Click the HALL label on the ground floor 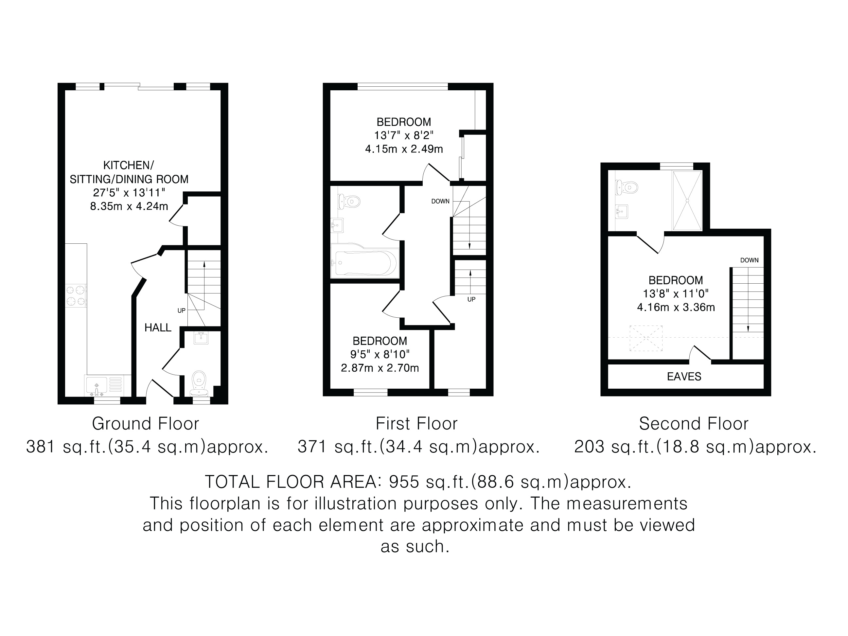point(158,328)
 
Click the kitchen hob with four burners point(76,295)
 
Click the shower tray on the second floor point(687,201)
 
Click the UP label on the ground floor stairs point(181,310)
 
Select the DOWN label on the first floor point(440,201)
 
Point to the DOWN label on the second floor point(749,260)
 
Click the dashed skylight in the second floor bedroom point(646,338)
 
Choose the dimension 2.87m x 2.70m point(380,368)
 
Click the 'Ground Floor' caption point(146,424)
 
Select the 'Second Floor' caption point(694,424)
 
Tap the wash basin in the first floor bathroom point(337,225)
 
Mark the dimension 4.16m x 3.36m point(676,308)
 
